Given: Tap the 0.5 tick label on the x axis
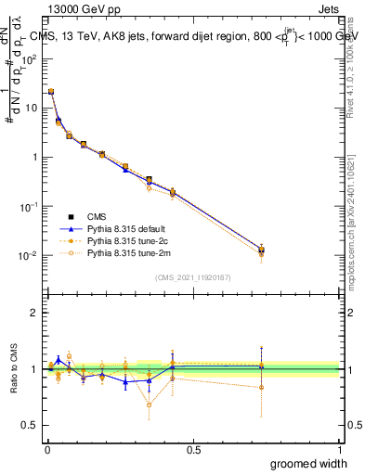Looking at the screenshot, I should (x=193, y=450).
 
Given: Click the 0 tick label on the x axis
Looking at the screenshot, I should (x=47, y=450).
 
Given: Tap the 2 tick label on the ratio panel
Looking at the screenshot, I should (x=33, y=313).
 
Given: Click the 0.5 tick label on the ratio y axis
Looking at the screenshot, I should (x=29, y=426).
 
